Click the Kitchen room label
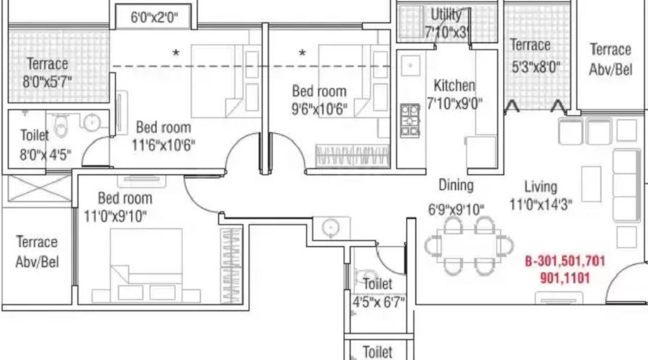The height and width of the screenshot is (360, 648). point(454,86)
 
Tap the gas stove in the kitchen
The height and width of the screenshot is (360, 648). point(410,121)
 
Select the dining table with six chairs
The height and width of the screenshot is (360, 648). point(469,246)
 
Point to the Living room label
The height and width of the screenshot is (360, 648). point(541,186)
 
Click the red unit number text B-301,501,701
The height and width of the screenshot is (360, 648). point(565,261)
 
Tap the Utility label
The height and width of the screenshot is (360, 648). point(446,14)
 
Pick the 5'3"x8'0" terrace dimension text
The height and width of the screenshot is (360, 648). point(536,66)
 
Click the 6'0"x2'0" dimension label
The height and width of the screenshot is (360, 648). point(154,17)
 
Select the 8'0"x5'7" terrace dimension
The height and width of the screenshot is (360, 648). point(47,81)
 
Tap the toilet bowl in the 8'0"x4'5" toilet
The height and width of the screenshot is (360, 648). point(60,126)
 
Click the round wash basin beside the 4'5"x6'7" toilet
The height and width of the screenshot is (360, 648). point(330,228)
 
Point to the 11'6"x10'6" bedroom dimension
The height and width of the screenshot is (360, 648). point(163,145)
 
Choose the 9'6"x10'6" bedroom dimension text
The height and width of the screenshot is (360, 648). point(320,109)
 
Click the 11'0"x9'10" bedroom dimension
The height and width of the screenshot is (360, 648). point(115,216)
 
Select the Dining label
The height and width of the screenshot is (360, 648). point(456,185)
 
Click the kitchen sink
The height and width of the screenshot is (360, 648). point(410,66)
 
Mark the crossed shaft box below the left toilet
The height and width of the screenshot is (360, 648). point(40,189)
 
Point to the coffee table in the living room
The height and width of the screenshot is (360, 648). point(591,184)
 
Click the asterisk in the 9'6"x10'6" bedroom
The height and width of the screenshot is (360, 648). point(302,53)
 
